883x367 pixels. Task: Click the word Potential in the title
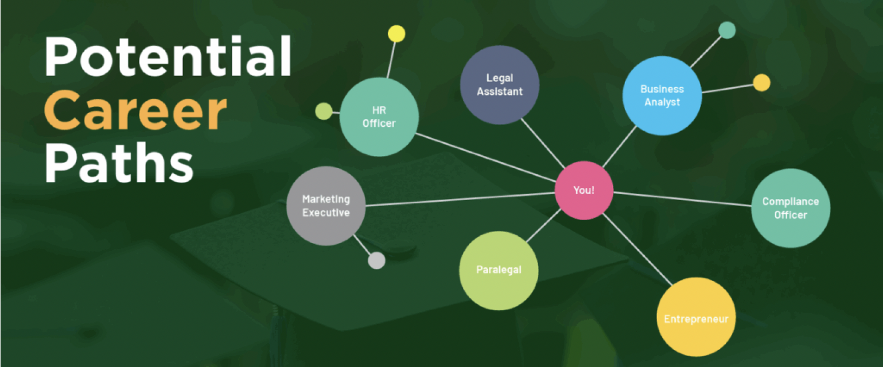coord(168,56)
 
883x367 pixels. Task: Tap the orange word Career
coord(136,110)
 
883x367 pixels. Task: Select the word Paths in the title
coord(119,163)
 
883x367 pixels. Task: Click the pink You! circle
coord(584,190)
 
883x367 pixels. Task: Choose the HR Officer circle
coord(379,117)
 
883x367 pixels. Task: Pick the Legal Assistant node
coord(499,85)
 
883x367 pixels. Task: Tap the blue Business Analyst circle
coord(662,96)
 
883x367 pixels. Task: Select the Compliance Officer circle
coord(790,208)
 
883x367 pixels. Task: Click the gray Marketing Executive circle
coord(326,206)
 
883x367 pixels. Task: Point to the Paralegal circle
coord(499,270)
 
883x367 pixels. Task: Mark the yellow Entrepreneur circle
coord(696,317)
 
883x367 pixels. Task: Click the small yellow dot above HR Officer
coord(396,34)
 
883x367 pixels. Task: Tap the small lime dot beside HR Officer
coord(324,111)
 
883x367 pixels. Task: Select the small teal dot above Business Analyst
coord(727,30)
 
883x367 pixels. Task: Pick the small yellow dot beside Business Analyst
coord(761,83)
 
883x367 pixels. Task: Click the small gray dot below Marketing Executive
coord(376,260)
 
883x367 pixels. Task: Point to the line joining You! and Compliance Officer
coord(682,199)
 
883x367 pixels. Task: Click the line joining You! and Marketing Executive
coord(460,199)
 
